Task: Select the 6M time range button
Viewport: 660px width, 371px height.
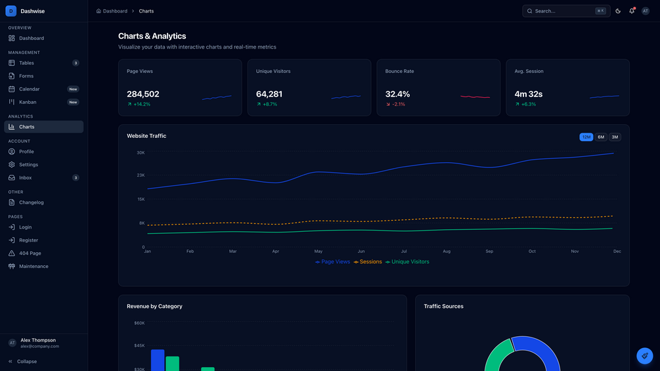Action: click(x=601, y=137)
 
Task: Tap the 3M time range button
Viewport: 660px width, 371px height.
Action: click(x=615, y=137)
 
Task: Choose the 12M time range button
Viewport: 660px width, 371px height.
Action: click(x=586, y=137)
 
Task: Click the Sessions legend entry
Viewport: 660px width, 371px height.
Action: click(x=368, y=261)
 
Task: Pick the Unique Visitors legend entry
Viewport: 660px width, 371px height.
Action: click(x=407, y=261)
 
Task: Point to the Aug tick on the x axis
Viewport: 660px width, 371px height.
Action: click(x=447, y=251)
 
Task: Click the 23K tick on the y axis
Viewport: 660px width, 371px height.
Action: click(x=141, y=175)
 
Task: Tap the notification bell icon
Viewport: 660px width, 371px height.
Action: click(x=631, y=11)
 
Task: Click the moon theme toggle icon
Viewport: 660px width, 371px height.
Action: click(x=618, y=11)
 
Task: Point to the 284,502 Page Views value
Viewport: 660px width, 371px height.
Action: click(x=143, y=94)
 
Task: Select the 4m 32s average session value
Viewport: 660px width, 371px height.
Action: click(x=528, y=94)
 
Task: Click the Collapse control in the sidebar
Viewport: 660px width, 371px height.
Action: click(x=23, y=361)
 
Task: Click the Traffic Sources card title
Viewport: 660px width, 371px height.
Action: click(x=443, y=306)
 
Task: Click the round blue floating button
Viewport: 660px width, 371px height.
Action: click(x=644, y=356)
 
